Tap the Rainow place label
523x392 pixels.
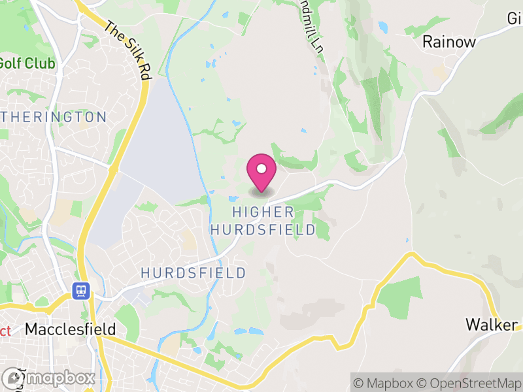[448, 42]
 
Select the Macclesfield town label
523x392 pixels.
[70, 329]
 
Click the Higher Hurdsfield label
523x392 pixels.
[262, 221]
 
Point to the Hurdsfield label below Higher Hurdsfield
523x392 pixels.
[194, 272]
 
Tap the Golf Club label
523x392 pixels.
[26, 64]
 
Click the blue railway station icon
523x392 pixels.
[82, 289]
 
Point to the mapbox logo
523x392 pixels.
[49, 378]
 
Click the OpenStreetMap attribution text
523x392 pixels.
[469, 383]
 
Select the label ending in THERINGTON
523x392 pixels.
[53, 117]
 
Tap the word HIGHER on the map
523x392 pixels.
[262, 212]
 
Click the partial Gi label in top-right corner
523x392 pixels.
[514, 18]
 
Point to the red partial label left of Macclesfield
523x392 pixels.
[5, 330]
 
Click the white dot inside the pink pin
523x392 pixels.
[261, 169]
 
